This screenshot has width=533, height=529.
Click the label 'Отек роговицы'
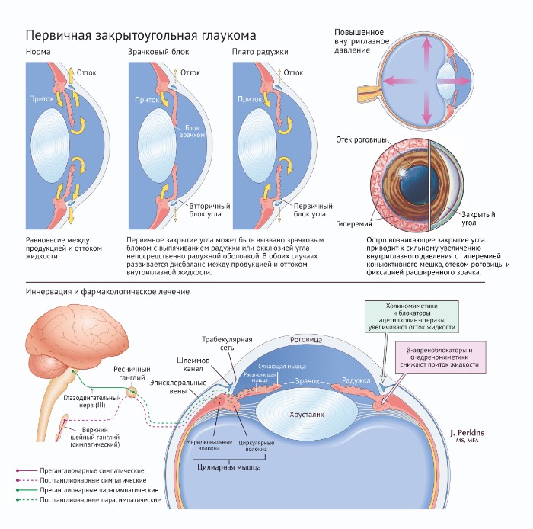tap(361, 140)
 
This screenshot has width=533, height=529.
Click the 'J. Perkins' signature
tap(467, 433)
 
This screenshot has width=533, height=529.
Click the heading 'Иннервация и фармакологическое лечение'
tap(108, 292)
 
